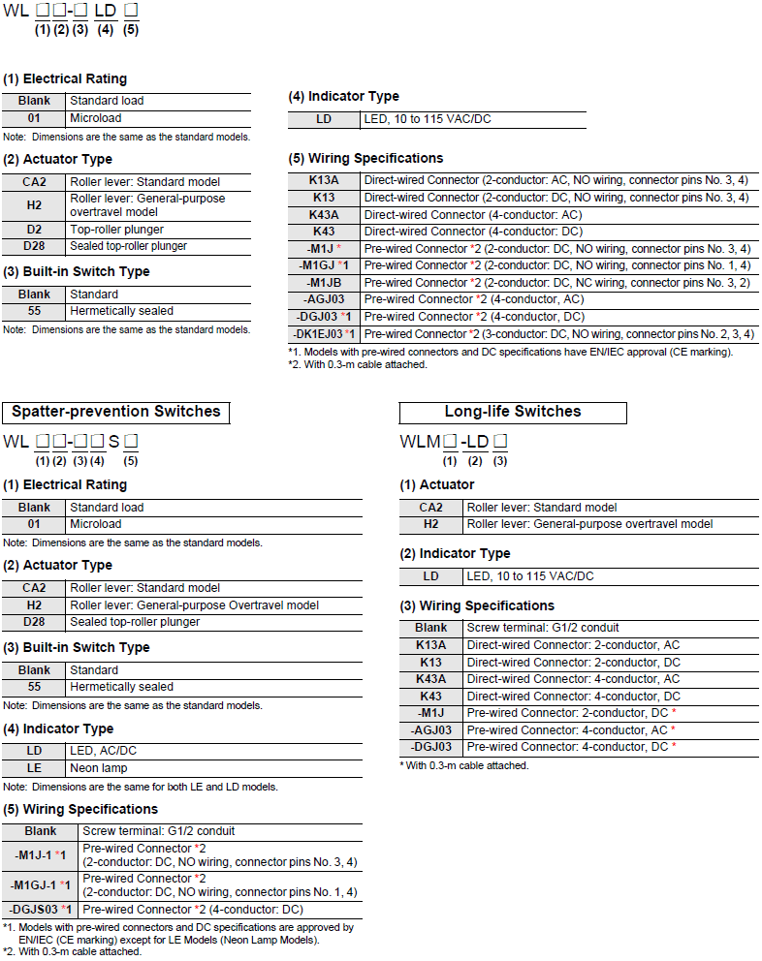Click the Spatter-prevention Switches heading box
(116, 412)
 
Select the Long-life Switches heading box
(513, 412)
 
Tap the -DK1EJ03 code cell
(325, 333)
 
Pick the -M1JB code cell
(325, 282)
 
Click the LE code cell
(34, 768)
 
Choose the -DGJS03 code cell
(40, 910)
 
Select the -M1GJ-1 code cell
(40, 885)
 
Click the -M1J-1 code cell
(40, 855)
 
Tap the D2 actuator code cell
(34, 230)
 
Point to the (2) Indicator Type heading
(455, 553)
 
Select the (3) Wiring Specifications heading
(477, 605)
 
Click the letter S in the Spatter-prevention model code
(113, 442)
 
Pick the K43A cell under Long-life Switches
(431, 679)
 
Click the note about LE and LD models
(140, 786)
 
